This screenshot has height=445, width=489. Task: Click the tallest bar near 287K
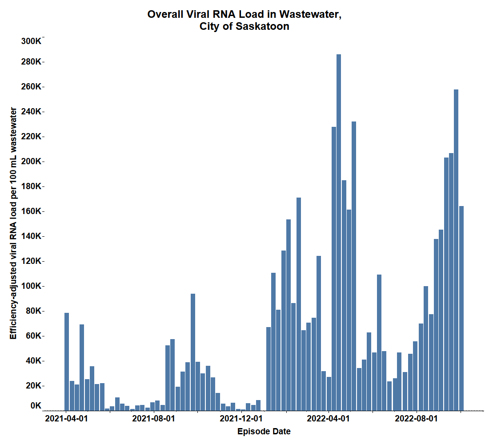pos(339,231)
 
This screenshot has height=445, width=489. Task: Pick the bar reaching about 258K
pos(456,249)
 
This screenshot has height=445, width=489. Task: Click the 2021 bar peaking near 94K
pos(193,352)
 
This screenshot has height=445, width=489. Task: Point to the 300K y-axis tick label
pos(31,41)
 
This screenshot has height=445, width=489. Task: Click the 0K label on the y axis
pos(36,405)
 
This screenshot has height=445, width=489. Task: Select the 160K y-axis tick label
pos(31,211)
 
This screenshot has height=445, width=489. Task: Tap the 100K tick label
pos(31,286)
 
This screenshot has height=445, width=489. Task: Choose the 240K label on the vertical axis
pos(31,111)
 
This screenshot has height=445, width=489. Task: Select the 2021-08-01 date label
pos(153,419)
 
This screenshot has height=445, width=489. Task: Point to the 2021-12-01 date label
pos(241,419)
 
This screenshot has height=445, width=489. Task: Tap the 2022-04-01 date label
pos(329,419)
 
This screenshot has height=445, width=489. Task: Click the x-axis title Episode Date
pos(264,431)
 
